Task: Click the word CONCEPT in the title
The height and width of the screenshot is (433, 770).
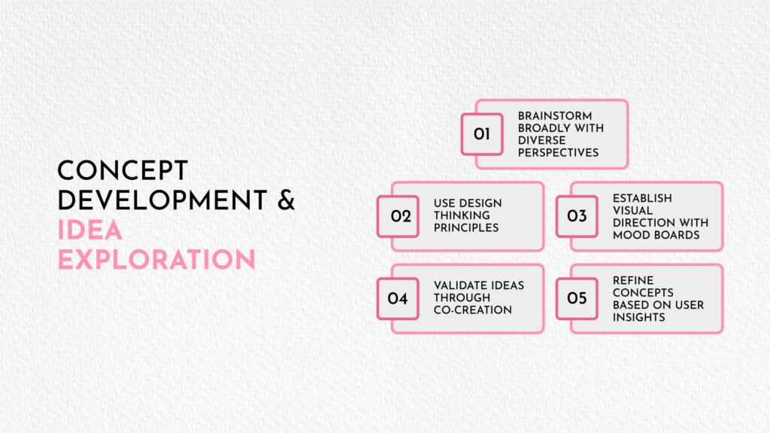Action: [x=123, y=171]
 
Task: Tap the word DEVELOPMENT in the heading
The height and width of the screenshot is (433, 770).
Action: [x=162, y=200]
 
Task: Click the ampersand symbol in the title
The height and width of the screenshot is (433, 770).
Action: [x=286, y=200]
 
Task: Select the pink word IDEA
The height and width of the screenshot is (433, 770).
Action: [x=90, y=230]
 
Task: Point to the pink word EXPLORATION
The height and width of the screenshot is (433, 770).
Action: [x=156, y=259]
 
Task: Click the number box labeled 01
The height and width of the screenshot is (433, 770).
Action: [x=482, y=134]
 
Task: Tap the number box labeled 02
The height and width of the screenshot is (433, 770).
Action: [x=398, y=217]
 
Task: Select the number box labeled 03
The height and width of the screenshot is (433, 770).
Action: [x=577, y=217]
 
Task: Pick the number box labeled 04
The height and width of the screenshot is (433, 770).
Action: [x=398, y=299]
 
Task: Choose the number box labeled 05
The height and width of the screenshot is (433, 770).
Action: [x=577, y=299]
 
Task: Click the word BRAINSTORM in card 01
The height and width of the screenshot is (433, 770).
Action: [x=555, y=116]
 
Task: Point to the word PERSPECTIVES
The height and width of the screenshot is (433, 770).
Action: [x=559, y=153]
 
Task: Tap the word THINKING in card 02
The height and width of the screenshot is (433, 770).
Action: [x=462, y=215]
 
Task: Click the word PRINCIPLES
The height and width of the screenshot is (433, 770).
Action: [x=466, y=228]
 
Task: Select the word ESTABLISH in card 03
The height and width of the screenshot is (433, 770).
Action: [x=642, y=198]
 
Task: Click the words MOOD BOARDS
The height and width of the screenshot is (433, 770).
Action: [x=656, y=235]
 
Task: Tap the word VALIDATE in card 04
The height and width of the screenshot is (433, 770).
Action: [x=458, y=285]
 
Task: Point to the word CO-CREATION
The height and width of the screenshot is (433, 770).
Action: [x=473, y=310]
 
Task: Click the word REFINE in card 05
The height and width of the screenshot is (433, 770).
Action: [x=633, y=280]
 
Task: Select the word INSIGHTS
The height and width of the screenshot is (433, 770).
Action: [x=639, y=317]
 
